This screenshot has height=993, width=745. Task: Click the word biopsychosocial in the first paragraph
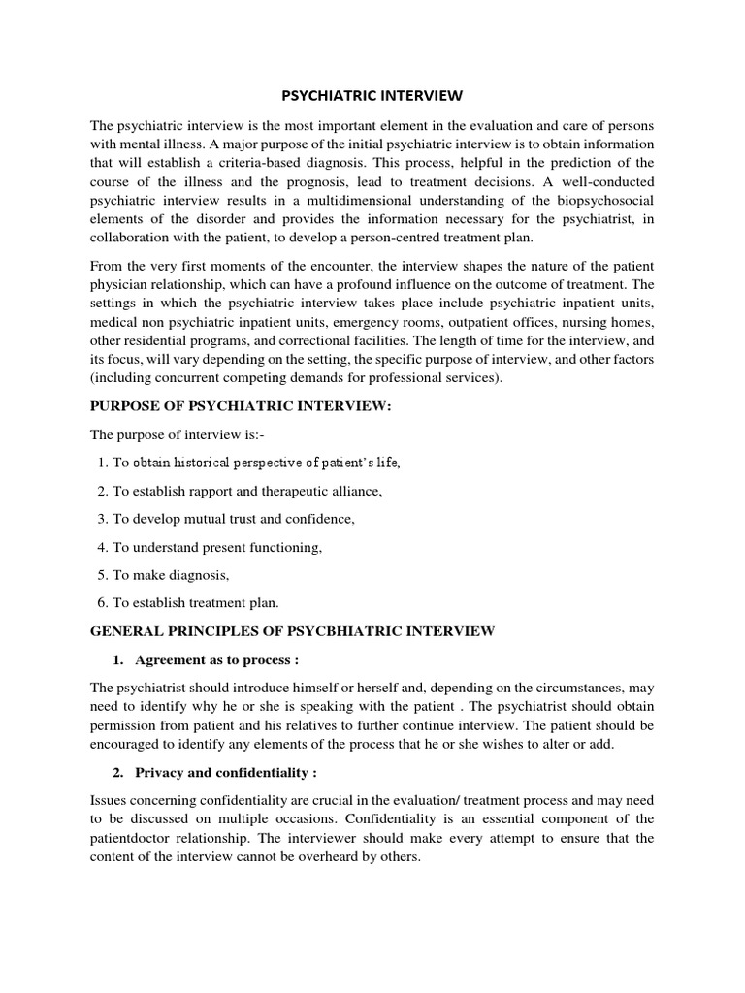(594, 200)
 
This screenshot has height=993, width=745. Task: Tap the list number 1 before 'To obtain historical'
(103, 463)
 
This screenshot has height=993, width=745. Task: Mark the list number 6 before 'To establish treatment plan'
(103, 603)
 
